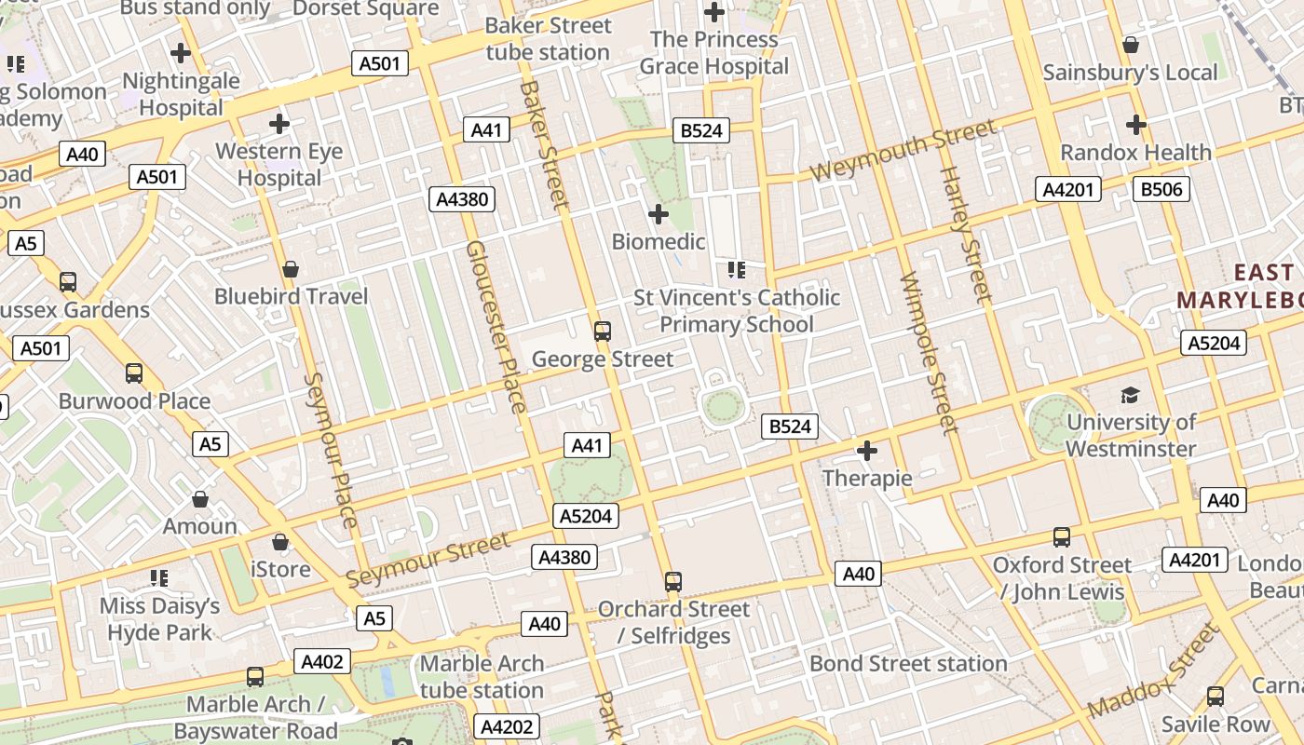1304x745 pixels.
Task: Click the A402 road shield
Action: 323,662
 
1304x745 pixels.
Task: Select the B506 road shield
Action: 1161,190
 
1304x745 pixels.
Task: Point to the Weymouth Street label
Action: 903,152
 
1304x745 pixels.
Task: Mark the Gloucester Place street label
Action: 496,326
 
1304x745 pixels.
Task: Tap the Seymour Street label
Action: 428,560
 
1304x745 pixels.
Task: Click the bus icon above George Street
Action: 603,331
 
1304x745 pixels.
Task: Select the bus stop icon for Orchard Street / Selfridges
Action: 673,582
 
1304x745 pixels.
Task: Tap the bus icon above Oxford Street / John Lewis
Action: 1062,537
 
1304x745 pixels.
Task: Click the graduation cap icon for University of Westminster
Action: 1130,395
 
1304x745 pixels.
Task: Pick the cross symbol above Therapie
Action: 867,452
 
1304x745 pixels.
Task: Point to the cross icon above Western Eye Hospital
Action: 279,123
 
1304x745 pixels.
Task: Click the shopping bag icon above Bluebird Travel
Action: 291,269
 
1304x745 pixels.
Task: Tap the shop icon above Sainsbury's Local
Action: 1131,45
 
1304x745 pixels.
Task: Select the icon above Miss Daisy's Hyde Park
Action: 159,578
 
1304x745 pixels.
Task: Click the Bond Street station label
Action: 908,663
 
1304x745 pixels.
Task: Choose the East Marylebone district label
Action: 1239,286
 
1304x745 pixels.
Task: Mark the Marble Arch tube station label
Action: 482,677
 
